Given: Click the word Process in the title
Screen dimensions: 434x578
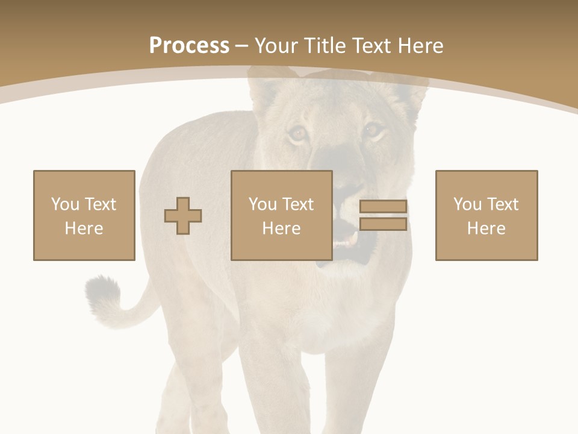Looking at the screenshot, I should click(189, 46).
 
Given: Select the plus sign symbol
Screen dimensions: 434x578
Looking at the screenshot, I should click(183, 216).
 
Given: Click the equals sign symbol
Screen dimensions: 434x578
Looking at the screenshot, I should click(383, 215).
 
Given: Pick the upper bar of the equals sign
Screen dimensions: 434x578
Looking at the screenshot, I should click(383, 207).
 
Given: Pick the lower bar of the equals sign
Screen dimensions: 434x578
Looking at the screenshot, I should click(383, 224).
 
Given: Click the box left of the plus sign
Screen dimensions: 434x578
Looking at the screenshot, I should click(84, 215).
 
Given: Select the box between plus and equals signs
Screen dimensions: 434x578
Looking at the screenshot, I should click(282, 215).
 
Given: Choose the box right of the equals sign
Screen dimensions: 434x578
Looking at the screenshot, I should click(486, 215).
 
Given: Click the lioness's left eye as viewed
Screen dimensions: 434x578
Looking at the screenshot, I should click(297, 133).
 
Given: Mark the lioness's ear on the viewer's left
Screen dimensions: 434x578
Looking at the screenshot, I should click(265, 90).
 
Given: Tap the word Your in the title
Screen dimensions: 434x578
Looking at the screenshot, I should click(277, 46).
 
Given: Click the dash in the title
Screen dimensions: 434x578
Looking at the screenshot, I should click(242, 46).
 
